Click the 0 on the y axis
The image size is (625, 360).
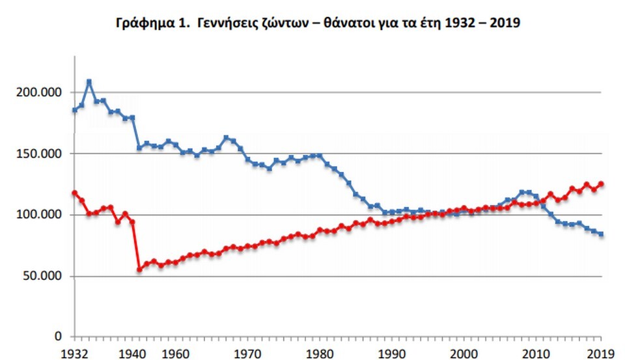coord(57,337)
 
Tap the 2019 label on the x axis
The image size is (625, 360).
coord(600,352)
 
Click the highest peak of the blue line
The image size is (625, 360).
coord(89,82)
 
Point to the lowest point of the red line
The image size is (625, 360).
coord(139,269)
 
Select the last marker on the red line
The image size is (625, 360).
coord(601,184)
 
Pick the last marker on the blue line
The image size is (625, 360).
coord(601,234)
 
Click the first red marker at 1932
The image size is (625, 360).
coord(74,193)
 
